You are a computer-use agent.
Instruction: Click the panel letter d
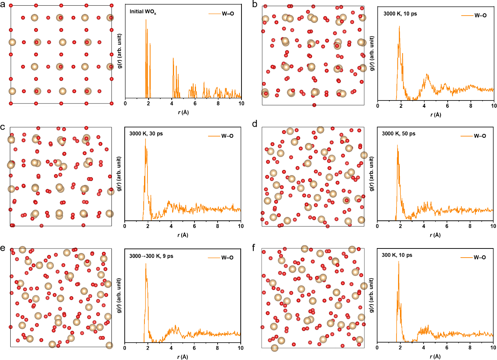click(x=255, y=124)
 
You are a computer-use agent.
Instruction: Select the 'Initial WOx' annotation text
click(x=143, y=12)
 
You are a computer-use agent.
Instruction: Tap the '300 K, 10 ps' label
click(x=397, y=255)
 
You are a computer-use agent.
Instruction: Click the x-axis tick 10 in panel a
click(x=241, y=103)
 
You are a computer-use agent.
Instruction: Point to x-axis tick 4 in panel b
click(x=424, y=106)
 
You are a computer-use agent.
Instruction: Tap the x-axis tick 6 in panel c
click(x=194, y=226)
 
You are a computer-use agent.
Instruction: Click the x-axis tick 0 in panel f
click(x=377, y=348)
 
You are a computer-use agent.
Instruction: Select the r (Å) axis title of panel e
click(x=183, y=357)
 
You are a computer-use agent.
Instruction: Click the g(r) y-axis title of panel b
click(x=372, y=53)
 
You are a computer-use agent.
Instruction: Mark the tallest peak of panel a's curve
click(x=146, y=20)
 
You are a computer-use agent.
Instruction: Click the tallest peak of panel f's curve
click(x=398, y=261)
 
